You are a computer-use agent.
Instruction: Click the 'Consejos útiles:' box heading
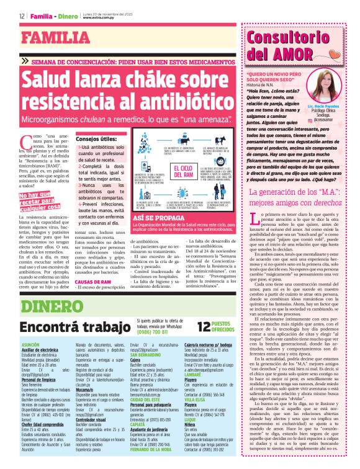pyautogui.click(x=96, y=141)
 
